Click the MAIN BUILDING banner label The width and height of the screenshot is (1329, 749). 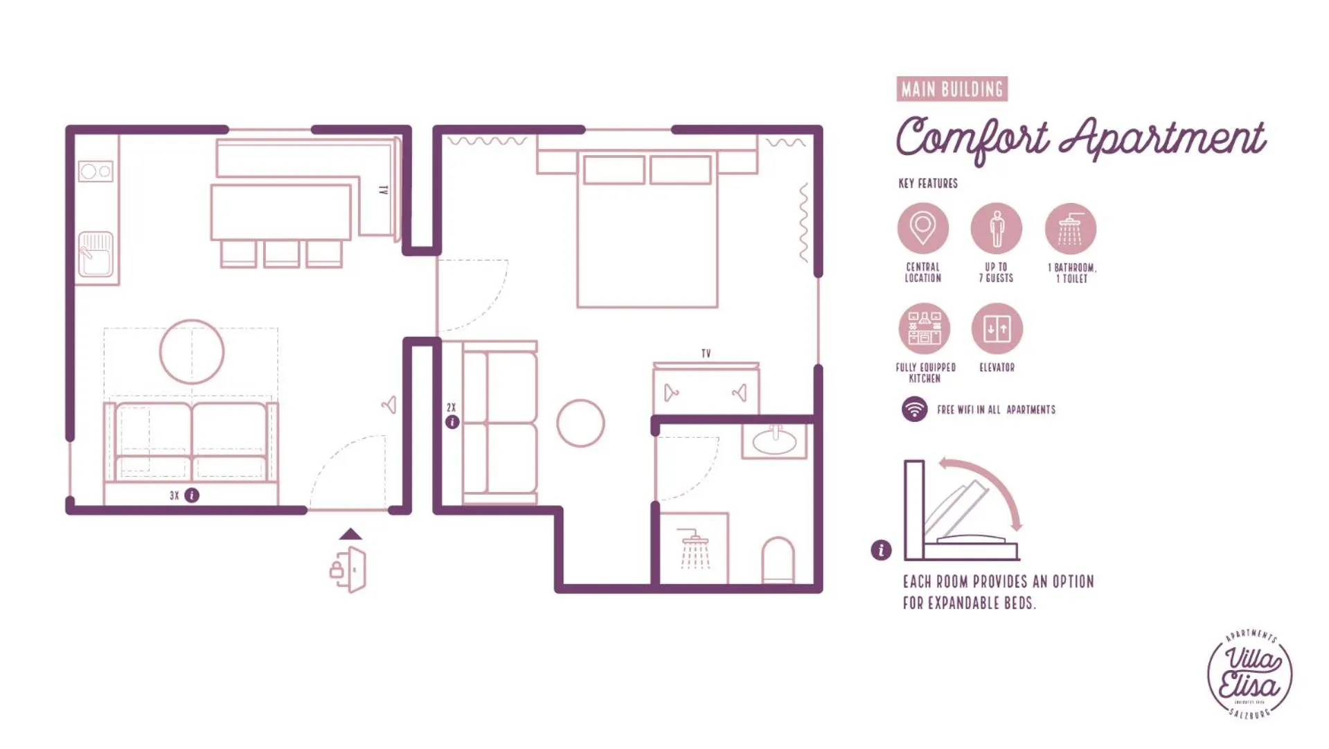tap(952, 89)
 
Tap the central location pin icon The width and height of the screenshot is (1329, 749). tap(922, 228)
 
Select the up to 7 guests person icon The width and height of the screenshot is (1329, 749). tap(996, 228)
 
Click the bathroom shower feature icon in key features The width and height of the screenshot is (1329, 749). tap(1070, 229)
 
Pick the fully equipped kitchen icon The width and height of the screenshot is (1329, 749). tap(924, 328)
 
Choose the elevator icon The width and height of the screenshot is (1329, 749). tap(997, 328)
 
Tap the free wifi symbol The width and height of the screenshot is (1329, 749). tap(914, 409)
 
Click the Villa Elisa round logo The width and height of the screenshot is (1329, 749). tap(1249, 674)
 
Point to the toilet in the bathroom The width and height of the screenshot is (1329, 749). tap(778, 559)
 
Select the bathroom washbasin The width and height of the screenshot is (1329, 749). tap(774, 441)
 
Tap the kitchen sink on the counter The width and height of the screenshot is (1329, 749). tap(96, 254)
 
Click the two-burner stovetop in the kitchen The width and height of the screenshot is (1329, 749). tap(96, 171)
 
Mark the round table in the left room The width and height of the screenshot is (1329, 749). tap(192, 352)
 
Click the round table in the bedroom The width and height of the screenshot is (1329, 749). tap(580, 423)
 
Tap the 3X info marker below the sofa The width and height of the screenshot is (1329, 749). tap(192, 495)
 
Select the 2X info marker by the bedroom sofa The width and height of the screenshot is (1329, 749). tap(452, 422)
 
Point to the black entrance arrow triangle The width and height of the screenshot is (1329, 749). tap(350, 534)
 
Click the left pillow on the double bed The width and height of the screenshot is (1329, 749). tap(614, 170)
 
